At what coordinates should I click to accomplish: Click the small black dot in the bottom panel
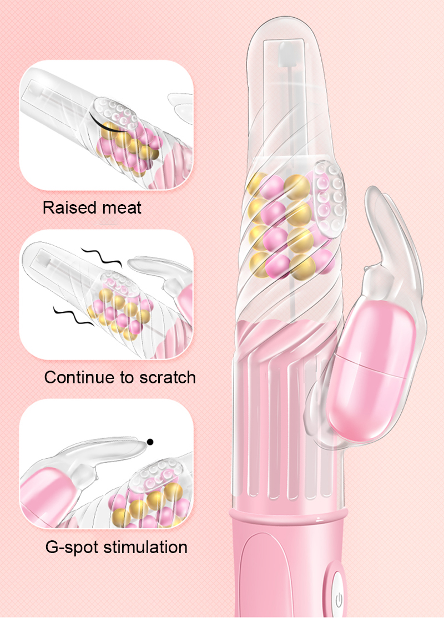149,442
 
